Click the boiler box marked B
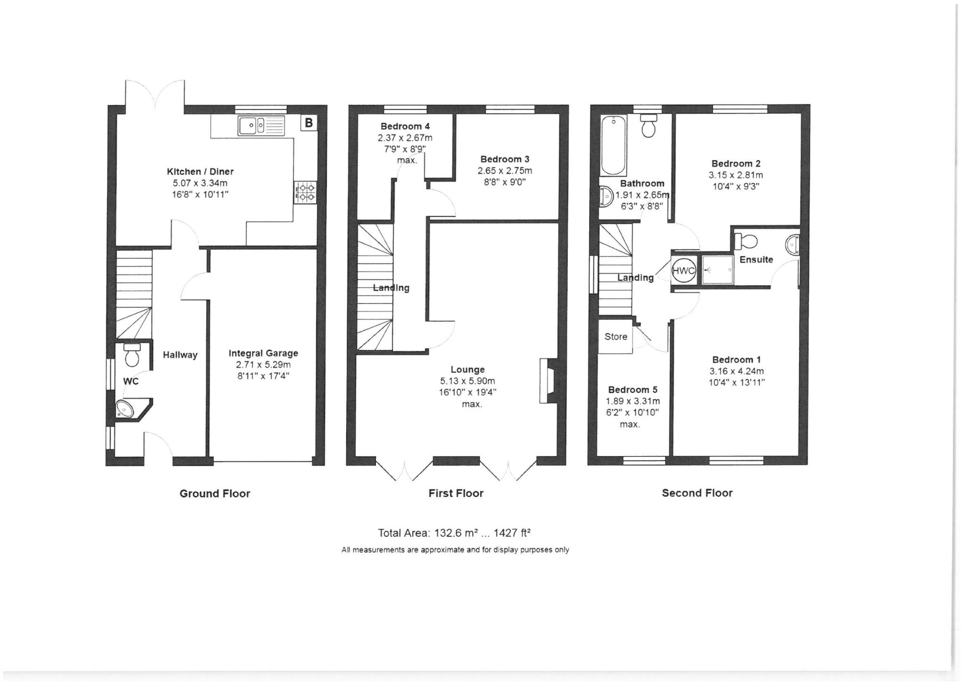pos(309,123)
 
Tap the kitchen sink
pos(262,126)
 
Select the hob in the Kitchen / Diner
pos(305,193)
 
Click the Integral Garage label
pos(263,353)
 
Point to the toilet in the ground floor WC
pos(132,355)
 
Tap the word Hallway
pos(180,355)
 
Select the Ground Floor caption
pos(215,494)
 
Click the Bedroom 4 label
pos(405,126)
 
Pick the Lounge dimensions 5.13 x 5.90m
pos(467,381)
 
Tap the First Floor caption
pos(456,494)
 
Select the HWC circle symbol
pos(683,271)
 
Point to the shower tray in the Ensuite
pos(717,270)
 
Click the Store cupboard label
pos(616,337)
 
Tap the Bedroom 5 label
pos(633,390)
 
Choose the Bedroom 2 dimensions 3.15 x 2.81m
pos(736,175)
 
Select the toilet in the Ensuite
pos(746,241)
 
